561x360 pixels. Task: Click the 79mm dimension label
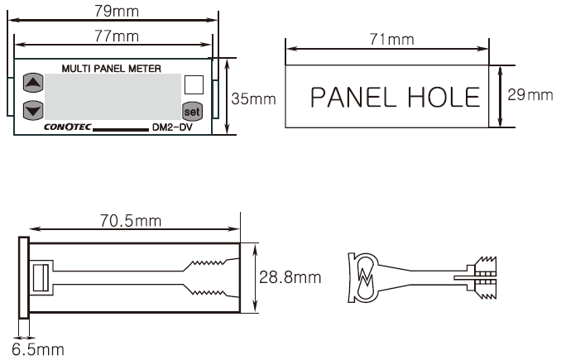click(117, 11)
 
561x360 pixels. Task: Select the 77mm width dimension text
click(117, 36)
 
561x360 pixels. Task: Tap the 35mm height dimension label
click(254, 98)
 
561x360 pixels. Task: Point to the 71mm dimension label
click(391, 39)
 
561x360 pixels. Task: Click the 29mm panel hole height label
click(530, 95)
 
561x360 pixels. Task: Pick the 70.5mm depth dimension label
click(131, 220)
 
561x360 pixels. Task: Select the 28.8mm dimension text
click(290, 277)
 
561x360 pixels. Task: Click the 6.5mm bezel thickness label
click(38, 349)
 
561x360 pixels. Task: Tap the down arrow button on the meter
click(33, 110)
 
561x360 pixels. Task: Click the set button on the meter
click(192, 111)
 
